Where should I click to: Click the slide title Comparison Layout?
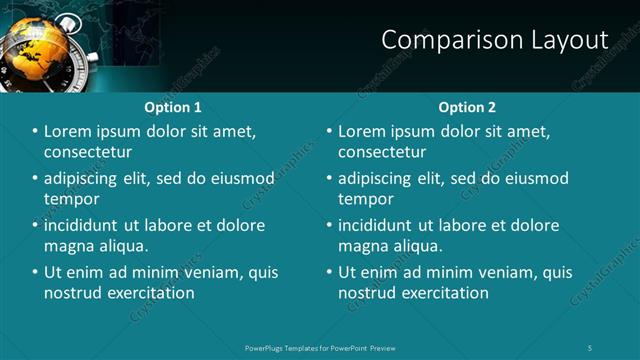point(495,39)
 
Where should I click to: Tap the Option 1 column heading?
point(173,107)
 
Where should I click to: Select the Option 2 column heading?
point(466,107)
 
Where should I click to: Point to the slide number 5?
point(590,347)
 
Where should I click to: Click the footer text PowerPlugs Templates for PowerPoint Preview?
point(319,347)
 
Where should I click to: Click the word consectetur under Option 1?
point(88,152)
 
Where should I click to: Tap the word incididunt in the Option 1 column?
point(83,226)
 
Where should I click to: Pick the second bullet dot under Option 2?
point(330,179)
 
